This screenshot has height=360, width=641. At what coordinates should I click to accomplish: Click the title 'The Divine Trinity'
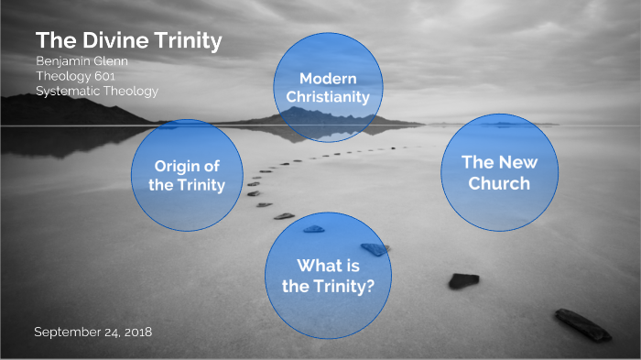(128, 41)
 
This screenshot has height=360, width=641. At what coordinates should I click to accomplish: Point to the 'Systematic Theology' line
(97, 91)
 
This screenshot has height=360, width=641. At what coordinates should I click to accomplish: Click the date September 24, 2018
(92, 331)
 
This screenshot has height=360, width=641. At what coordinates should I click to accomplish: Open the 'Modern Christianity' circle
(327, 87)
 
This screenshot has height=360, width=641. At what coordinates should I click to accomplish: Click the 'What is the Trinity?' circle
(328, 275)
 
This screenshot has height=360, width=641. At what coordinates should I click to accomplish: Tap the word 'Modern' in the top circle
(328, 78)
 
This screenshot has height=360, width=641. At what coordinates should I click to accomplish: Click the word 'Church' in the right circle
(500, 183)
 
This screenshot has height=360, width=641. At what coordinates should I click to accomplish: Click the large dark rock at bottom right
(582, 323)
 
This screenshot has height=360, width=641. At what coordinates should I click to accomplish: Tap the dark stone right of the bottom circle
(463, 280)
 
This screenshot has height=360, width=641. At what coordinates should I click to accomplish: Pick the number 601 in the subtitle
(128, 76)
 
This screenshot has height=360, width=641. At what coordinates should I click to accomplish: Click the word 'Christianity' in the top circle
(327, 97)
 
